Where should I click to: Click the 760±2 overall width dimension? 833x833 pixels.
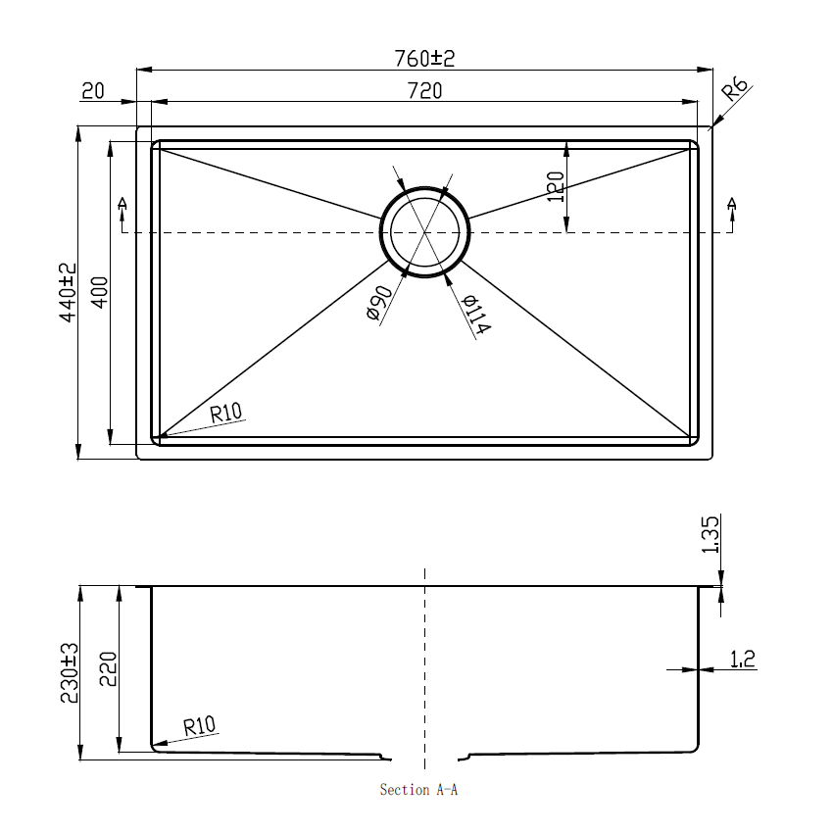click(424, 59)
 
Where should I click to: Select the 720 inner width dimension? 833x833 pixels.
click(425, 91)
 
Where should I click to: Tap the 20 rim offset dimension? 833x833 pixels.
click(93, 91)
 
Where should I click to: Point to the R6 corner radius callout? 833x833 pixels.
click(735, 92)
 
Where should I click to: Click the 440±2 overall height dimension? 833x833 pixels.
click(67, 293)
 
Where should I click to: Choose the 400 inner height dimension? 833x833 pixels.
click(99, 293)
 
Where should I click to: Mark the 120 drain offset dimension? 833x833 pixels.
click(556, 186)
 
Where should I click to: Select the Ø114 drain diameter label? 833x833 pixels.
click(475, 315)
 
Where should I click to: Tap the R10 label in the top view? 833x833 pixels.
click(225, 413)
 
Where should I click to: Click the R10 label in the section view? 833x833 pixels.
click(199, 726)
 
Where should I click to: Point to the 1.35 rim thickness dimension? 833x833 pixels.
click(712, 535)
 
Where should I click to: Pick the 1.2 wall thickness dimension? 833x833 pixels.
click(742, 660)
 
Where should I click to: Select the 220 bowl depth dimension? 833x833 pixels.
click(108, 669)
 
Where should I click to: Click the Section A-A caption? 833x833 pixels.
click(418, 790)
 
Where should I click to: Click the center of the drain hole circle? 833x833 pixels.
click(424, 232)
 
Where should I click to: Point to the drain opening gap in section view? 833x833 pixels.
click(425, 758)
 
